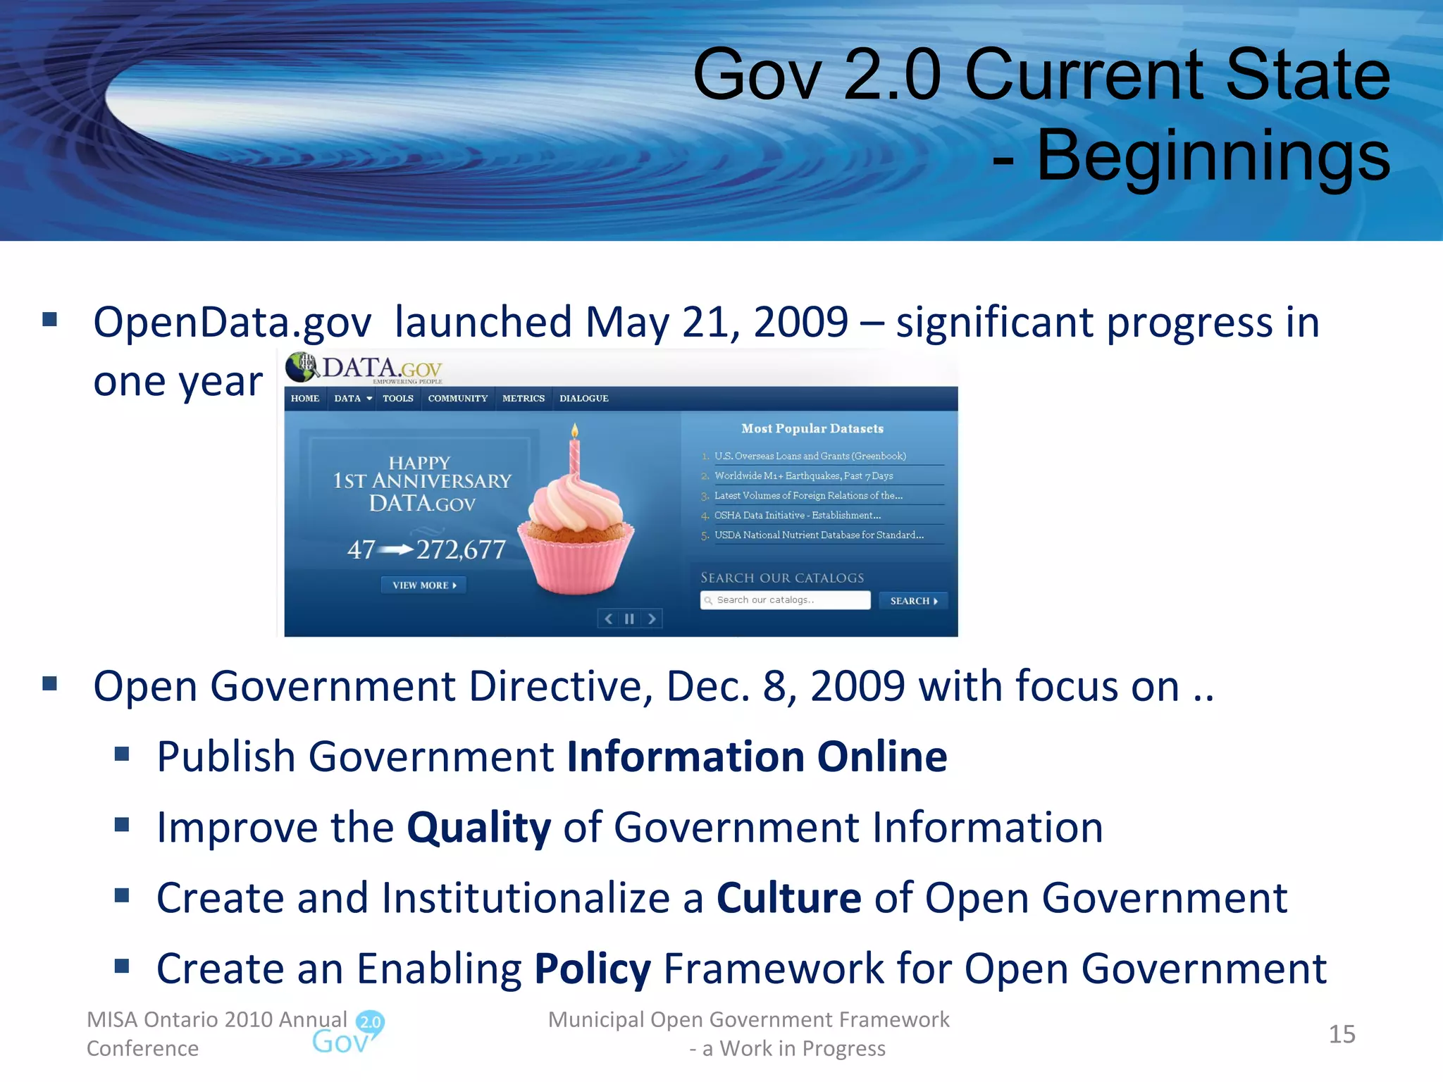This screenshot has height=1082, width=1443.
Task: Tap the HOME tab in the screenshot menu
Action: [x=305, y=399]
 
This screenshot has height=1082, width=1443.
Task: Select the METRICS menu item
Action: [x=523, y=399]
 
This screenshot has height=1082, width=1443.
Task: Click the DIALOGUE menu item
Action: [x=583, y=399]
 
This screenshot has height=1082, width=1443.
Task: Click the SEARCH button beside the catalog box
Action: [x=913, y=601]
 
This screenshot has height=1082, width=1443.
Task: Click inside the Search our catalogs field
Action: [x=786, y=600]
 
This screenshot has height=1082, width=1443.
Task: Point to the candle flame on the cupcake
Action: [x=575, y=430]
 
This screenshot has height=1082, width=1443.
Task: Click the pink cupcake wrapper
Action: [x=577, y=564]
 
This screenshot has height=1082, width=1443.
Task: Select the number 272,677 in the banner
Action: [x=461, y=549]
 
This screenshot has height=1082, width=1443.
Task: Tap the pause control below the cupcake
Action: [x=629, y=619]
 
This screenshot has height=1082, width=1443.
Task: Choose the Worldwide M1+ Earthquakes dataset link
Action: [x=803, y=476]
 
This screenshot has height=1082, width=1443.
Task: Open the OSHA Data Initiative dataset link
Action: [x=797, y=516]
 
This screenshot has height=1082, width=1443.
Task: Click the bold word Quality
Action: [x=478, y=828]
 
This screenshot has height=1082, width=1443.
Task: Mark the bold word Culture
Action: [x=788, y=898]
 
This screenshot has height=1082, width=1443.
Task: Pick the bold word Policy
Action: [x=592, y=969]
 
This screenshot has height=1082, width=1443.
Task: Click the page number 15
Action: [x=1342, y=1034]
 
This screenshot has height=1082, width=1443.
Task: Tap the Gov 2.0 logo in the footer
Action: [x=349, y=1033]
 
